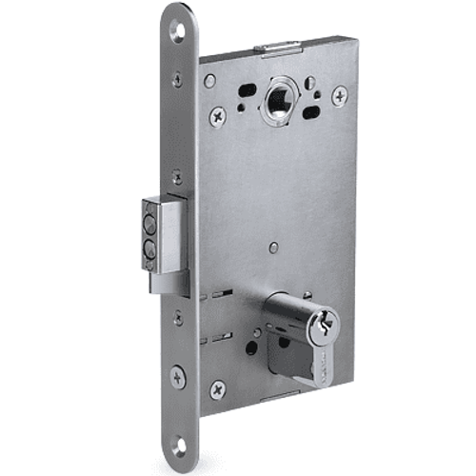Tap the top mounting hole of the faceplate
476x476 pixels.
point(176,31)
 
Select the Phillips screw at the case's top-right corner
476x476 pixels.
point(339,95)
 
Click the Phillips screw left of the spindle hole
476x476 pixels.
point(217,115)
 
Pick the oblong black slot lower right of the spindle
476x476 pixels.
point(310,112)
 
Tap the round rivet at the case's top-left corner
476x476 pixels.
point(210,81)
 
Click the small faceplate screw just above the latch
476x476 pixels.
point(177,177)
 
